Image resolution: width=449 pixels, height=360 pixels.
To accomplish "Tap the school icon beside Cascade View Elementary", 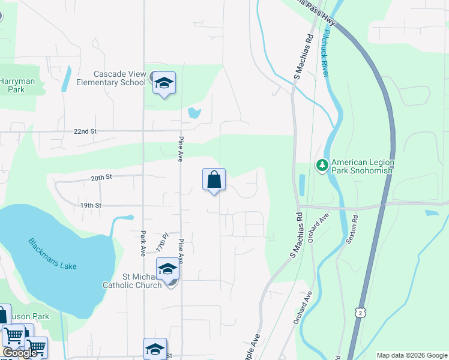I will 164,83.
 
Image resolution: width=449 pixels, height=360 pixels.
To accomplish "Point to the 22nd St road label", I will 85,131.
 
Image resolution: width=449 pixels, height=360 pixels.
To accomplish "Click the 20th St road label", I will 101,178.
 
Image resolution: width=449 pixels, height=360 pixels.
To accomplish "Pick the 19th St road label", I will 91,205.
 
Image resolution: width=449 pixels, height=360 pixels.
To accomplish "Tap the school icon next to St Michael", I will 167,269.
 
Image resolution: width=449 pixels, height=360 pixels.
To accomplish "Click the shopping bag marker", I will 214,179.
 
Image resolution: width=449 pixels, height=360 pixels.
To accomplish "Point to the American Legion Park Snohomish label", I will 362,166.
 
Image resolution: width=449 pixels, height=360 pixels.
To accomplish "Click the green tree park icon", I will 322,164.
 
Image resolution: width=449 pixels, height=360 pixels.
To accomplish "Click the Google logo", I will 20,353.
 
